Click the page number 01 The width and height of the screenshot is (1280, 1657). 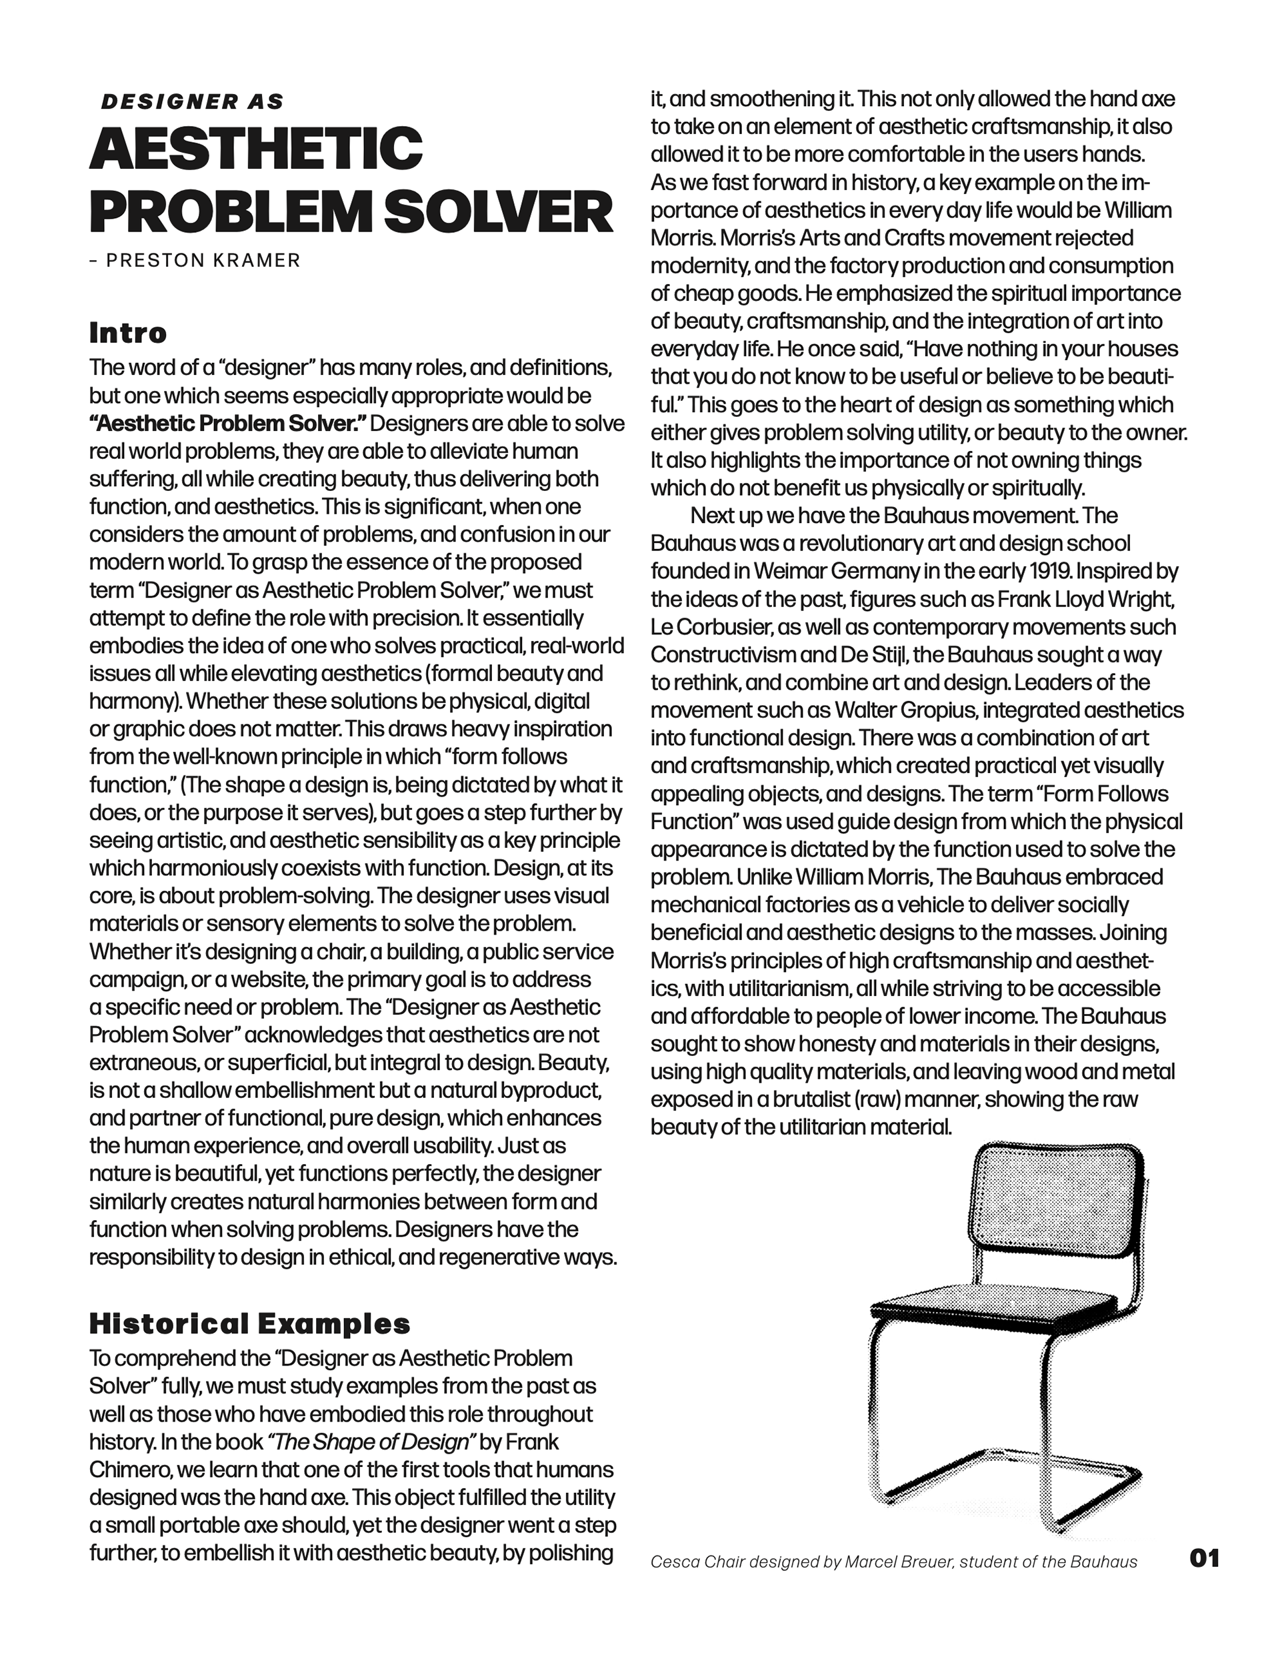pyautogui.click(x=1205, y=1558)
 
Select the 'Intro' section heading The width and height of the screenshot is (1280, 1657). pyautogui.click(x=127, y=333)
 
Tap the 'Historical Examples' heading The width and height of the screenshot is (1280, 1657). pyautogui.click(x=249, y=1323)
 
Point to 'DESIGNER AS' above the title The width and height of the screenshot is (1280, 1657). pyautogui.click(x=193, y=101)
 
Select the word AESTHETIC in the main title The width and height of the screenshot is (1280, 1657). pyautogui.click(x=255, y=148)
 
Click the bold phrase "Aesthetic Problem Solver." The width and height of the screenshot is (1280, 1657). pyautogui.click(x=227, y=424)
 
